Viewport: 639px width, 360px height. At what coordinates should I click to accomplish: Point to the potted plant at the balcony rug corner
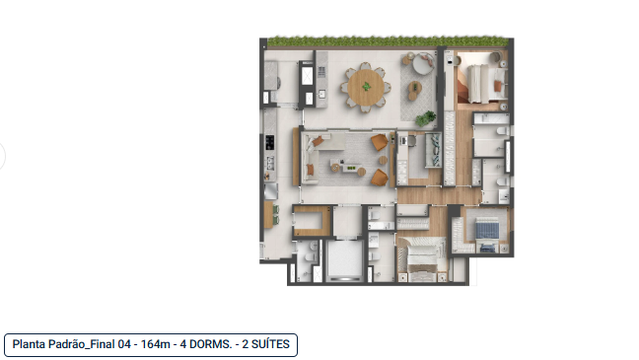tap(431, 116)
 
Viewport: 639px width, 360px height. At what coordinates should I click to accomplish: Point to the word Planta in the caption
tap(32, 344)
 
